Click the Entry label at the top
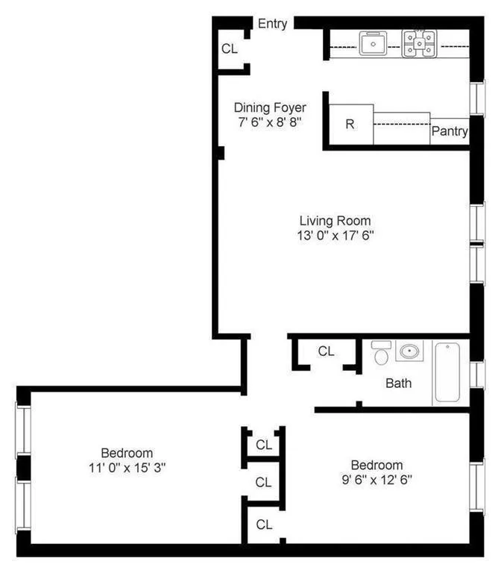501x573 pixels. (x=272, y=24)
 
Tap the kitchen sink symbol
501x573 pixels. (x=371, y=44)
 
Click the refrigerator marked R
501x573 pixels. (x=350, y=124)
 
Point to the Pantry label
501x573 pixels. (x=450, y=132)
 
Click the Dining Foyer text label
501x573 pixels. (x=269, y=107)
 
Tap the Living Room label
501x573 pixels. (x=335, y=221)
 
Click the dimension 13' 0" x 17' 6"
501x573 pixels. (x=335, y=236)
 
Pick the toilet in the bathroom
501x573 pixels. (x=381, y=353)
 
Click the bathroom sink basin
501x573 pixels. (x=409, y=351)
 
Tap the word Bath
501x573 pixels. (x=399, y=383)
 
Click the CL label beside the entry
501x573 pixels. (x=230, y=49)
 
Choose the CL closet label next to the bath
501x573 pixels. (x=327, y=351)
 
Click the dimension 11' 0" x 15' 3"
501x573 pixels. (x=127, y=468)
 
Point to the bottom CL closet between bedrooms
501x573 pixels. (x=264, y=525)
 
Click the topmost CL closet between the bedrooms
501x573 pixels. (x=264, y=445)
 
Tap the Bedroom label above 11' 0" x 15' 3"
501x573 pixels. (x=127, y=453)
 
